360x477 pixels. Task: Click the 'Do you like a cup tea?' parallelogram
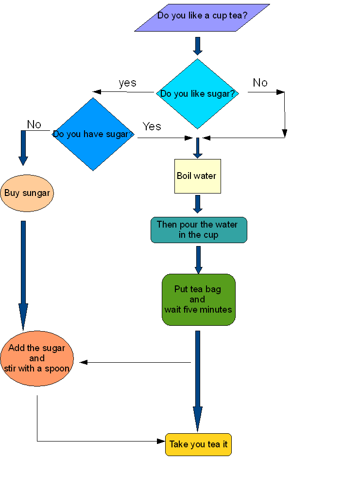[x=202, y=17]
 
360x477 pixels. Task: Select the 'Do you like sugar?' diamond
[x=197, y=93]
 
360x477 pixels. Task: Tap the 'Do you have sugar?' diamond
[x=93, y=134]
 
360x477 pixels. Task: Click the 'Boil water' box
[x=197, y=176]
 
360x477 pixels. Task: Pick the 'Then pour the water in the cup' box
[x=198, y=230]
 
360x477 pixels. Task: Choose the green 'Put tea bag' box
[x=198, y=300]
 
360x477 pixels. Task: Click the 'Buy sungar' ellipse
[x=27, y=193]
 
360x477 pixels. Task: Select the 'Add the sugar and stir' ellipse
[x=37, y=358]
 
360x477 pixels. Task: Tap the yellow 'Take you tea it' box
[x=198, y=444]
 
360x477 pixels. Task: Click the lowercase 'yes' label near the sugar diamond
[x=127, y=83]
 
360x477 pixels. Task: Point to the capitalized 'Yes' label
[x=152, y=127]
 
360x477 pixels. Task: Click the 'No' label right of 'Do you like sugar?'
[x=260, y=83]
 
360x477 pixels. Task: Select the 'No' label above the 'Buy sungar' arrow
[x=34, y=124]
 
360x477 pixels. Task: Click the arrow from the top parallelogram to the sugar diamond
[x=197, y=45]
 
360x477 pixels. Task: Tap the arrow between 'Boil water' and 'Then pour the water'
[x=197, y=204]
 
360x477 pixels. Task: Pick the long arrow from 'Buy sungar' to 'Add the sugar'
[x=23, y=275]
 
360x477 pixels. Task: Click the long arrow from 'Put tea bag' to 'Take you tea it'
[x=197, y=379]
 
